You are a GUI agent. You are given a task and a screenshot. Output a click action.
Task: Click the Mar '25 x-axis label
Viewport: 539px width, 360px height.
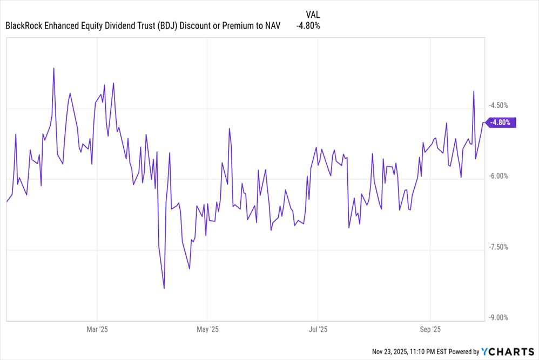(x=97, y=329)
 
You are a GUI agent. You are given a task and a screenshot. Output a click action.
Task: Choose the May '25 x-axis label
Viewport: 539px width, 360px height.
(x=207, y=329)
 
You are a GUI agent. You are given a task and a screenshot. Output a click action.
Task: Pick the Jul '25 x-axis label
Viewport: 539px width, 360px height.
(x=318, y=329)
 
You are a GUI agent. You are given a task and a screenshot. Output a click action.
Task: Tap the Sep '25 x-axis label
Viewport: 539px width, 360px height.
(x=430, y=329)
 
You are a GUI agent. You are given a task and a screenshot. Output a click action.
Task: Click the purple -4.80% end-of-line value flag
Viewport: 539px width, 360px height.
(x=501, y=123)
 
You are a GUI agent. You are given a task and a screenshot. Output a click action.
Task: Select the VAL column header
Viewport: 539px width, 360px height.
(x=313, y=15)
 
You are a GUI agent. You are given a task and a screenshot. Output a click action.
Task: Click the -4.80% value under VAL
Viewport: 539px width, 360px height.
(x=308, y=26)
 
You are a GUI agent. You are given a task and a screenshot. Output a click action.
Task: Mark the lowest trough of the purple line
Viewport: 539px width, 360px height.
(x=164, y=288)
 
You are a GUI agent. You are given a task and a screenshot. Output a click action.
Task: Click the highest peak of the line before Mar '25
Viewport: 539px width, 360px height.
(x=54, y=69)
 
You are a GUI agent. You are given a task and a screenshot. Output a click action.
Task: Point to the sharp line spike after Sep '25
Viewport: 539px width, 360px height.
(x=474, y=91)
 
